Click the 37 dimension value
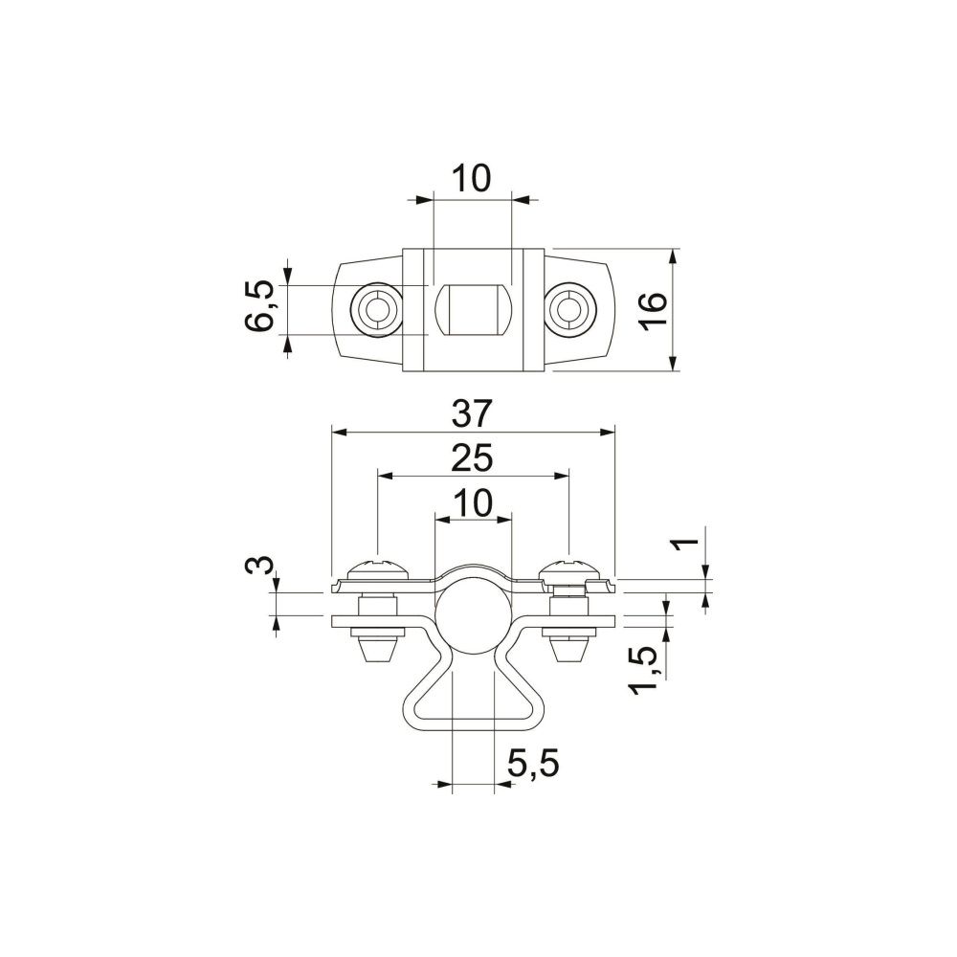tap(471, 413)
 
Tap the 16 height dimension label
tap(653, 311)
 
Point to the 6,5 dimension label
tap(258, 305)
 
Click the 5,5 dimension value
tap(533, 764)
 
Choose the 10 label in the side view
tap(471, 503)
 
